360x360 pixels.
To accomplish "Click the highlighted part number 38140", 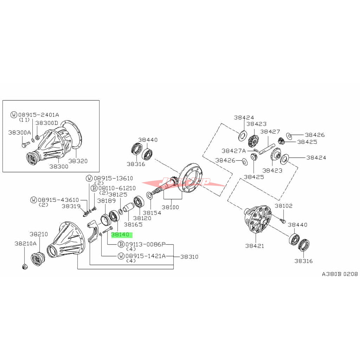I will point(122,235).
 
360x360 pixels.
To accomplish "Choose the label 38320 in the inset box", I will point(78,161).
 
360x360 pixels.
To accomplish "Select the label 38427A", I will point(233,150).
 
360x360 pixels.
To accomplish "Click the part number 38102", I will point(283,206).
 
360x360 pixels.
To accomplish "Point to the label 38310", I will point(189,257).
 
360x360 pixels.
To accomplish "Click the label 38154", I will point(152,213).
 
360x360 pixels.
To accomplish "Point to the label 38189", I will point(107,201).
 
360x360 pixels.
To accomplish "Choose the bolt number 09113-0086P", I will point(146,244).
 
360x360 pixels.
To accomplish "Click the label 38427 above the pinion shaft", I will point(270,131).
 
